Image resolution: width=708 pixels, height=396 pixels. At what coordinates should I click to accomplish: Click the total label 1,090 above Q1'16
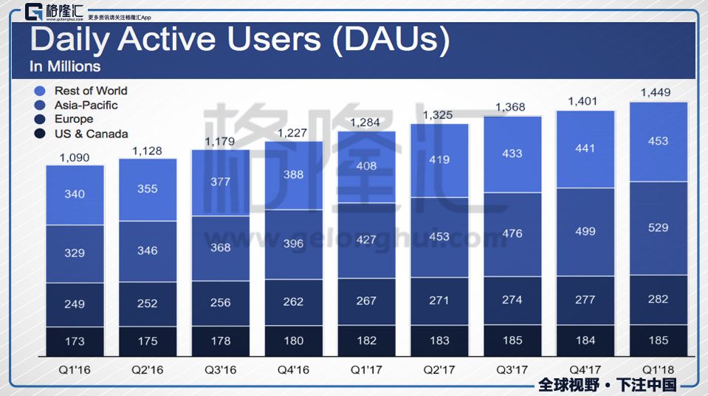[x=75, y=157]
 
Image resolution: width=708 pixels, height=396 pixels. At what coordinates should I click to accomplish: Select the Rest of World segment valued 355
[x=148, y=189]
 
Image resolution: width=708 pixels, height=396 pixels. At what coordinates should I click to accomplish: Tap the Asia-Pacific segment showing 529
[x=658, y=228]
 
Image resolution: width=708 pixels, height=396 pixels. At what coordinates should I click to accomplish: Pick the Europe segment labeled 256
[x=220, y=302]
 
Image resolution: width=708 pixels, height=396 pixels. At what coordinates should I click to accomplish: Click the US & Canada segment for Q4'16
[x=293, y=341]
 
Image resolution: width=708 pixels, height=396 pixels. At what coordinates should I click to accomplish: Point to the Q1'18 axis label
[x=658, y=369]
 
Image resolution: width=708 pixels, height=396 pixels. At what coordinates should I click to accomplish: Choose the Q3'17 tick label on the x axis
[x=512, y=369]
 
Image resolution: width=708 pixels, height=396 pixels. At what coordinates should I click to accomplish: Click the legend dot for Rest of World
[x=41, y=91]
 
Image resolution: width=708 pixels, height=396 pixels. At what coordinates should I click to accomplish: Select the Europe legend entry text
[x=74, y=119]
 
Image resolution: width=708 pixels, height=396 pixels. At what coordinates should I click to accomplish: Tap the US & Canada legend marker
[x=41, y=134]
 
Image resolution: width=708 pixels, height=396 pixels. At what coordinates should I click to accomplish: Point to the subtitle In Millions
[x=65, y=66]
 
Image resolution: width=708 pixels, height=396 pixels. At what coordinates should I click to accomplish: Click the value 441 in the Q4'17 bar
[x=585, y=148]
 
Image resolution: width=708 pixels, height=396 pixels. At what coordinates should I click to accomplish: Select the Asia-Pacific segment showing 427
[x=366, y=239]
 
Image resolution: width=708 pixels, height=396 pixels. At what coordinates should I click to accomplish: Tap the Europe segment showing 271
[x=439, y=301]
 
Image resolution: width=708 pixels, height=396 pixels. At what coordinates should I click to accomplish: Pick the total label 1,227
[x=293, y=133]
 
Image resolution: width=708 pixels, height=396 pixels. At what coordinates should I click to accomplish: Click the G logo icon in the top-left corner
[x=34, y=13]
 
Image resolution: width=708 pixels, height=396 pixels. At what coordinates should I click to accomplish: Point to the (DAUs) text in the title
[x=391, y=39]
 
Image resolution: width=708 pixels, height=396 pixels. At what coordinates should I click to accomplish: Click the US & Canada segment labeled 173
[x=75, y=341]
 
